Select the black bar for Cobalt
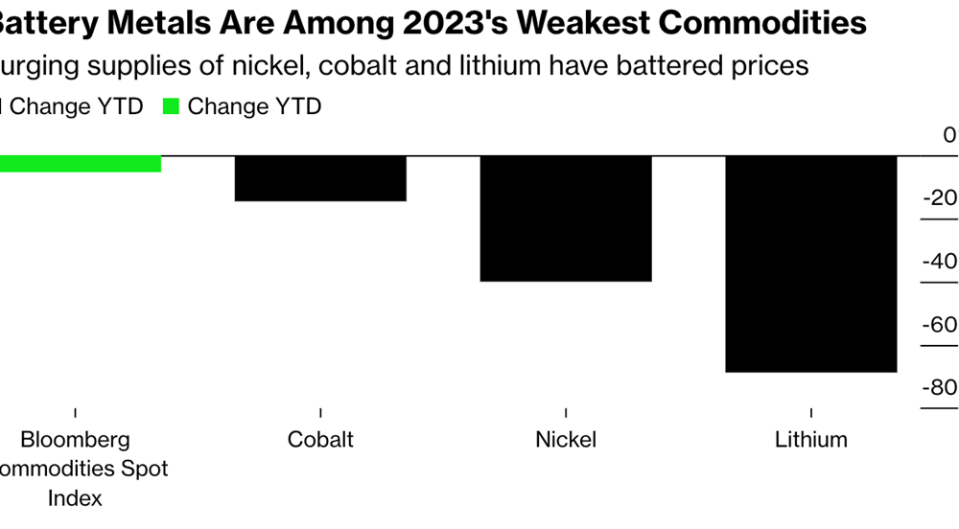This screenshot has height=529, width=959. tap(320, 178)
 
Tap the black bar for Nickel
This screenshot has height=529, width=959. tap(566, 218)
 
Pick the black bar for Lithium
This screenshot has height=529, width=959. tap(811, 264)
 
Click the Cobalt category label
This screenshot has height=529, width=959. tap(320, 440)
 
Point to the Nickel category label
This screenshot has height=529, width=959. tap(566, 440)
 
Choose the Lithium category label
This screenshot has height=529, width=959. tap(811, 440)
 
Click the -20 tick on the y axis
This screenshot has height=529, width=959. tap(941, 198)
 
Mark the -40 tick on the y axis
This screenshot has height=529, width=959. tap(941, 262)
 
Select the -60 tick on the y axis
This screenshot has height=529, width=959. tap(941, 325)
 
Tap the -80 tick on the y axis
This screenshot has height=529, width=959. tap(941, 388)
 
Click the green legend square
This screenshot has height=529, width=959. tap(171, 107)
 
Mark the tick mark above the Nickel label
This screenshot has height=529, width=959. tap(566, 412)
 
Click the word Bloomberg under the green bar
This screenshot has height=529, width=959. tap(75, 440)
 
